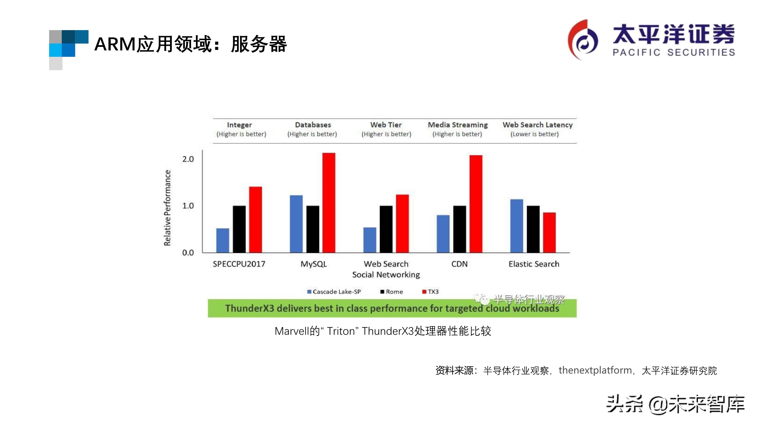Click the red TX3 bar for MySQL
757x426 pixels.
(x=329, y=203)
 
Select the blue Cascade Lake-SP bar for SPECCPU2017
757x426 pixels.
(x=222, y=241)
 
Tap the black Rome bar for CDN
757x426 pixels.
(x=459, y=229)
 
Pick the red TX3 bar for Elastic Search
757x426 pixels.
(x=549, y=233)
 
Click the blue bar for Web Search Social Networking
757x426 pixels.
(x=369, y=240)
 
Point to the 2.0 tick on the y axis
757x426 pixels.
(x=188, y=159)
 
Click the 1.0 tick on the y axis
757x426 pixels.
(x=188, y=206)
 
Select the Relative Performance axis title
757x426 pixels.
(x=167, y=208)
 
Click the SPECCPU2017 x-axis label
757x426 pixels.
(x=239, y=264)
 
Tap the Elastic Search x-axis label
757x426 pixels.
(x=534, y=264)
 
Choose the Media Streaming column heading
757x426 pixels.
(x=457, y=125)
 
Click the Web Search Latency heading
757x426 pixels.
(x=537, y=125)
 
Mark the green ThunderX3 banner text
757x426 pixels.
(x=392, y=308)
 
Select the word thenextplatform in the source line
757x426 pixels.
(x=595, y=370)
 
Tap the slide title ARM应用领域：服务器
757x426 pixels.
(x=191, y=44)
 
